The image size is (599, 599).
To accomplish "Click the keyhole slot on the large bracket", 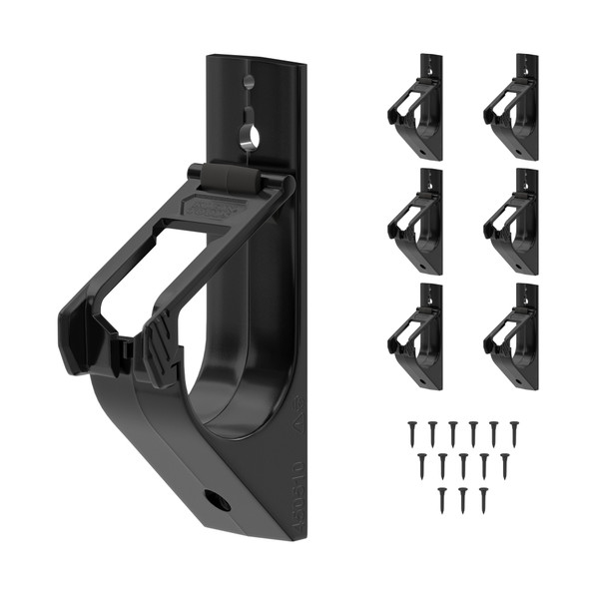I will [250, 135].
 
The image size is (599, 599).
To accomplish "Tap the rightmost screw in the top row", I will [514, 432].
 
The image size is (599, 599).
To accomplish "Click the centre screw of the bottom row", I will [462, 498].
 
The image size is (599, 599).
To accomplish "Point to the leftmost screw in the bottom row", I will [441, 498].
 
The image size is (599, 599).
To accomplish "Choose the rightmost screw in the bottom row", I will [483, 498].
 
